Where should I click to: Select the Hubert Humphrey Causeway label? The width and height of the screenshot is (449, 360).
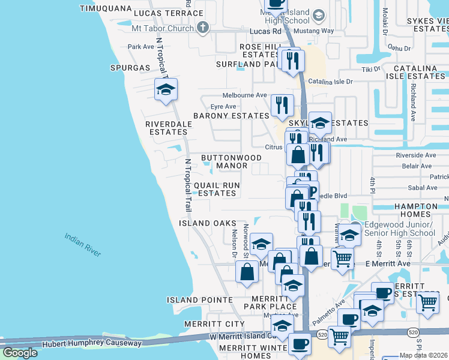[91, 344]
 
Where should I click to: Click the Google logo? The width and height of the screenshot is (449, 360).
[20, 353]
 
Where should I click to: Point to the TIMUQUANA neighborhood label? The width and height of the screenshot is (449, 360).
[106, 8]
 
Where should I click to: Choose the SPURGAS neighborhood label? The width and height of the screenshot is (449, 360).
[129, 68]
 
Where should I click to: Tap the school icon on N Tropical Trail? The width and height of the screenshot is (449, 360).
[166, 90]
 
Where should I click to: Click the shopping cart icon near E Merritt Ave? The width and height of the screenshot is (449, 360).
[342, 259]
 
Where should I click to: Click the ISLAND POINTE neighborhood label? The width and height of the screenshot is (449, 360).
[200, 299]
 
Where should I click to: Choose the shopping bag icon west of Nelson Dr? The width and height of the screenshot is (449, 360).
[247, 272]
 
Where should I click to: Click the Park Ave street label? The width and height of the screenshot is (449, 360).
[141, 46]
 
